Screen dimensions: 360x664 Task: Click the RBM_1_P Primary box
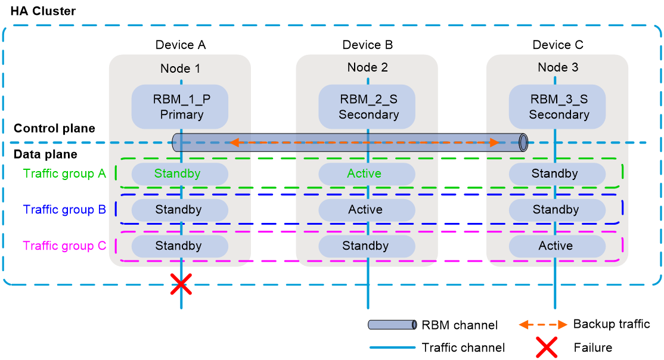tap(180, 107)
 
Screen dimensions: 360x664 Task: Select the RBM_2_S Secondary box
tap(367, 107)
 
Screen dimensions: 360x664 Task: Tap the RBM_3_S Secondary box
tap(557, 107)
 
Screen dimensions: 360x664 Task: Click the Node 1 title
tap(180, 69)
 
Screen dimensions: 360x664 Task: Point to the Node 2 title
tap(367, 67)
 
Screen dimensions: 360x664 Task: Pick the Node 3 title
tap(557, 67)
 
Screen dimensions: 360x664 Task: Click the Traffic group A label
tap(64, 173)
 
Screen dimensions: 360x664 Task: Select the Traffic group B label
tap(64, 210)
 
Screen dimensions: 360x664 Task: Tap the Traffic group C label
tap(64, 246)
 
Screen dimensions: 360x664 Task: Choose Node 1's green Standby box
tap(179, 174)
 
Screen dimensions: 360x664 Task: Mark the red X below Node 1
tap(181, 285)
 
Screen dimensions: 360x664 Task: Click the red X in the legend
tap(546, 347)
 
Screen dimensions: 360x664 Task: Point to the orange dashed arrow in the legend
tap(542, 325)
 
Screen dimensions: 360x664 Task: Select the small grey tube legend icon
tap(392, 325)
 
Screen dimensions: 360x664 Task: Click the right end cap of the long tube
tap(523, 142)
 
